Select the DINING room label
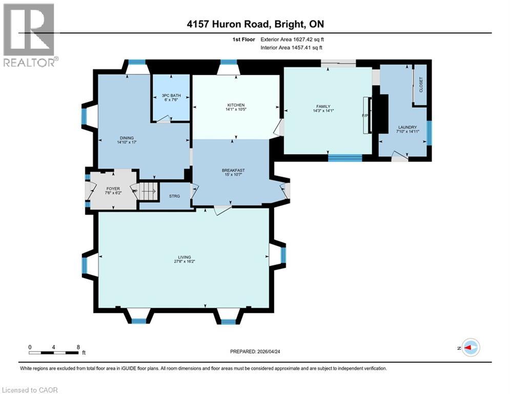[127, 137]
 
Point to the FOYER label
[113, 189]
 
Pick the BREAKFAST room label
[233, 170]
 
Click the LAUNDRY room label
[408, 127]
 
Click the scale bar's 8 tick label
[78, 347]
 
